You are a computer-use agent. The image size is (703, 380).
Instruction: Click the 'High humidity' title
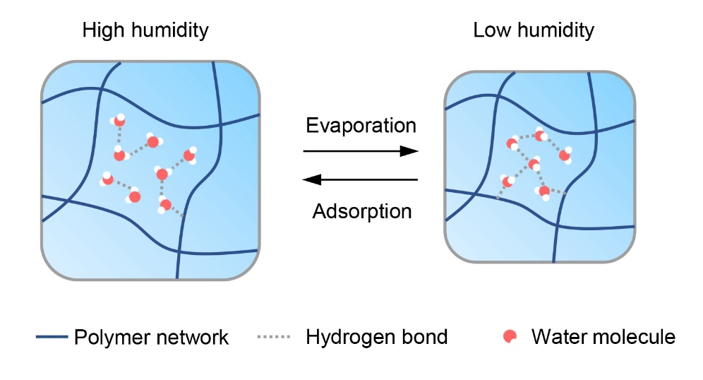[x=145, y=30]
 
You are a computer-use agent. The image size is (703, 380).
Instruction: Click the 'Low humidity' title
[x=534, y=30]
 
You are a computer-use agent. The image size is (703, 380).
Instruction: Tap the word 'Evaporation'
[x=361, y=126]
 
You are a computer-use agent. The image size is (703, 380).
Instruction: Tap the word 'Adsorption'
[x=361, y=210]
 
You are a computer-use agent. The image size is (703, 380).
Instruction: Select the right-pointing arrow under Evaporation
[x=361, y=151]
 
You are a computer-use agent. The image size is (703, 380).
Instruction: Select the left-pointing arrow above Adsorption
[x=361, y=179]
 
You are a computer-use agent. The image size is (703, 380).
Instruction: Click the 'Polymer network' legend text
[x=151, y=337]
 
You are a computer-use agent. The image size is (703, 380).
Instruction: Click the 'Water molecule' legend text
[x=603, y=337]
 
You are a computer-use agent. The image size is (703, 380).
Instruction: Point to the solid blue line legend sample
[x=52, y=337]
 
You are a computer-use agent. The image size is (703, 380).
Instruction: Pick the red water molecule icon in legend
[x=508, y=337]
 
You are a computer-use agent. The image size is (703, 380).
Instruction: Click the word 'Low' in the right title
[x=491, y=30]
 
